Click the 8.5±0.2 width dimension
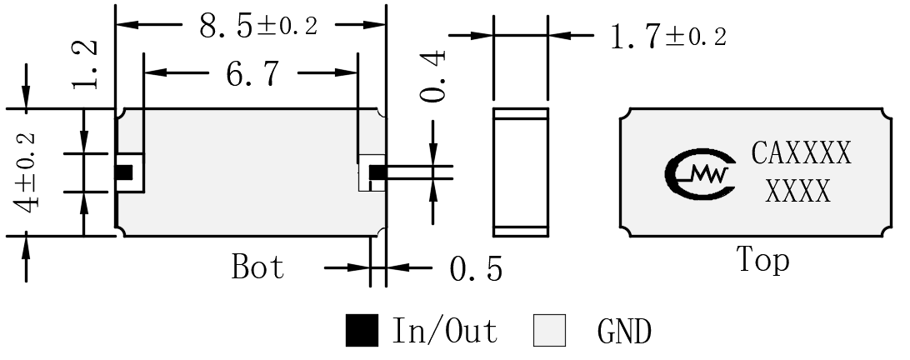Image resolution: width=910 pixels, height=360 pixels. coord(258,26)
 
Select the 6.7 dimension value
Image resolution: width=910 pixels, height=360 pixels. coord(252,73)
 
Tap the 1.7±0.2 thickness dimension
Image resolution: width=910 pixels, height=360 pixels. coord(668,36)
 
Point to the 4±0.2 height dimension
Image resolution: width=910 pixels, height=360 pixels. coord(26,172)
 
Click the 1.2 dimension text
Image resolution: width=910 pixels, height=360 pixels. coord(85,65)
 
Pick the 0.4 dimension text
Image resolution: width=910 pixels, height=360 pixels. coord(433,76)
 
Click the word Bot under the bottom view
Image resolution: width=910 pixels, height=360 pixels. coord(257,267)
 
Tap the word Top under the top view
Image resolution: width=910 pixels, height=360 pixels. coord(763,260)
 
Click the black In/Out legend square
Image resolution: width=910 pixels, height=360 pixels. coord(362,330)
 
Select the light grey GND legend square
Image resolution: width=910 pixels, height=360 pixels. coord(549,330)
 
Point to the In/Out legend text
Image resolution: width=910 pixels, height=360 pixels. coord(445,331)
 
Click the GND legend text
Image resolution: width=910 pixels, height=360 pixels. coord(624,332)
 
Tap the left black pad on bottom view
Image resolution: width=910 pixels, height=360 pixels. coord(124,172)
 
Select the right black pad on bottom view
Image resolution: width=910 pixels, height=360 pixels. coord(377,172)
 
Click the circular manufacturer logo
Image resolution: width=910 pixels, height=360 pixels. coord(700,173)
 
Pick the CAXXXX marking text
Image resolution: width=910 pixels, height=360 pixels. coord(802,153)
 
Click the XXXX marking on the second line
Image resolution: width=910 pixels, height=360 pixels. coord(798,190)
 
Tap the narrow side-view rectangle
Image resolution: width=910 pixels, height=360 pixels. coord(521,172)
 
